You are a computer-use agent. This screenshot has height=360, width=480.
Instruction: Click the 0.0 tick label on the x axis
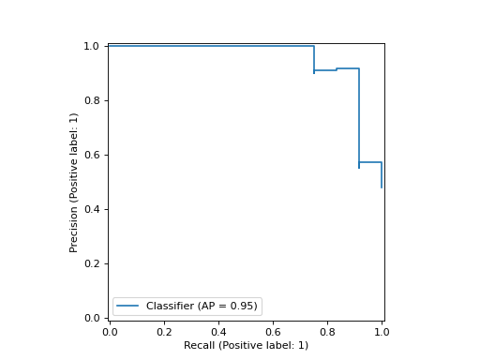tap(110, 332)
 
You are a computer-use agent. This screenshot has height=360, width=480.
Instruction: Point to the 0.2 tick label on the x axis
tap(164, 332)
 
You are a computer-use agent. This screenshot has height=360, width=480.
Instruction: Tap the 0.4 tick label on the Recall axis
tap(218, 332)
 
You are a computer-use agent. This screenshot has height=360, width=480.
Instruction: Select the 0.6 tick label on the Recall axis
tap(273, 332)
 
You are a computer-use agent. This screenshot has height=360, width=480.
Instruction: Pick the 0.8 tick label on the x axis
tap(327, 332)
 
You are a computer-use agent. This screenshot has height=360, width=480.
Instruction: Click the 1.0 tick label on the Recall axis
tap(382, 332)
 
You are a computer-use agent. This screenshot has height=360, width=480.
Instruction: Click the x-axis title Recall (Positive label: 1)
tap(246, 345)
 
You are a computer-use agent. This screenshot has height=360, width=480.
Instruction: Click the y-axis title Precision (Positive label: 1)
tap(74, 182)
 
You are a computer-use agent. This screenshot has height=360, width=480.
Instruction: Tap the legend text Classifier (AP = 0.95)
tap(202, 307)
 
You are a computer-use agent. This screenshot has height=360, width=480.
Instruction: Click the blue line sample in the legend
tap(127, 307)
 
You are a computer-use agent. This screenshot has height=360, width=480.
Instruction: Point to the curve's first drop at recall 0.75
tap(314, 58)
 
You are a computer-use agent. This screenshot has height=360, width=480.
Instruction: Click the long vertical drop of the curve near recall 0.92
tap(359, 117)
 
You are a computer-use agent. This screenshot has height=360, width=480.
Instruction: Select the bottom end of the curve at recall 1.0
tap(382, 187)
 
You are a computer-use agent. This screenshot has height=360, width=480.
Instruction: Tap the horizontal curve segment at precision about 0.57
tap(370, 162)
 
